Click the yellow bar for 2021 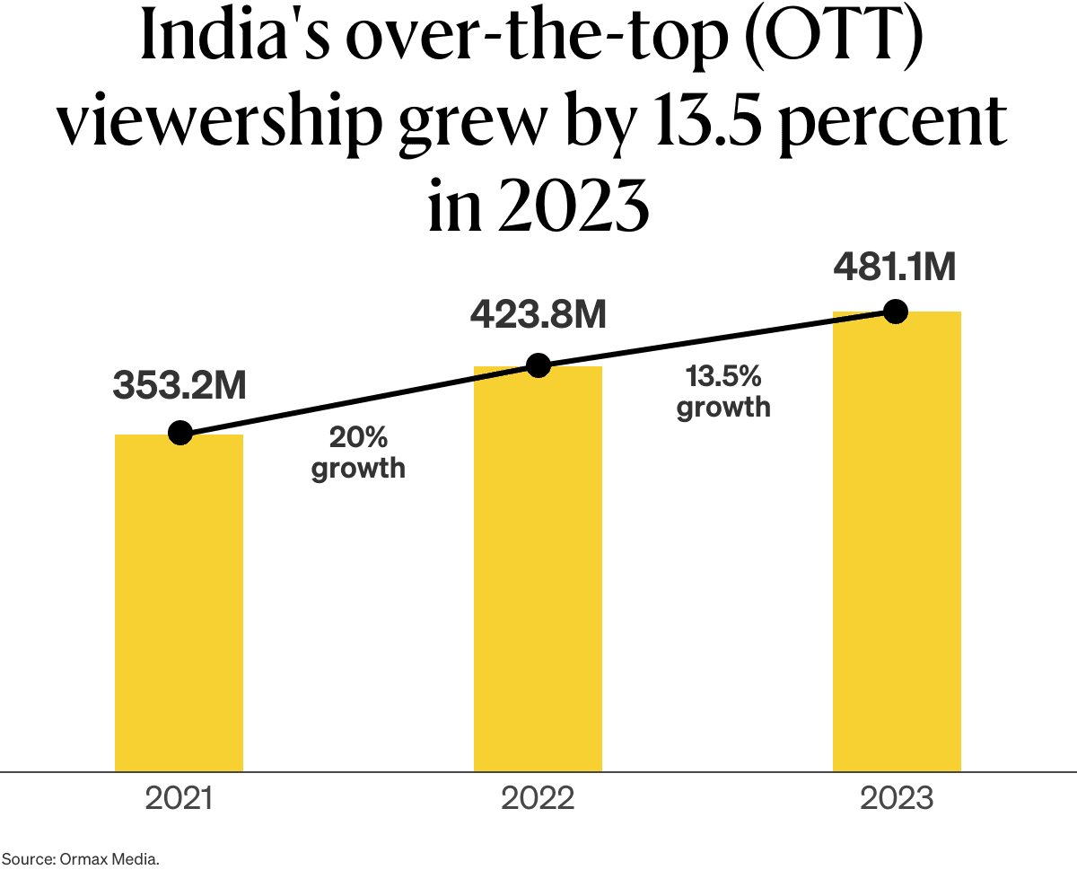(x=179, y=602)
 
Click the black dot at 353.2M (x=180, y=433)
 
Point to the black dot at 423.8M (x=538, y=365)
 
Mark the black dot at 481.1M (x=895, y=312)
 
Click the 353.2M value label (x=179, y=385)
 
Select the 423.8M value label (x=538, y=316)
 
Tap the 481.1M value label (x=895, y=267)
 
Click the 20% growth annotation (x=358, y=453)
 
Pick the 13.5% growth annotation (x=723, y=391)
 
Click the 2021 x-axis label (x=179, y=798)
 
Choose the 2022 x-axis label (x=538, y=798)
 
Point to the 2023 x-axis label (x=897, y=798)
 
